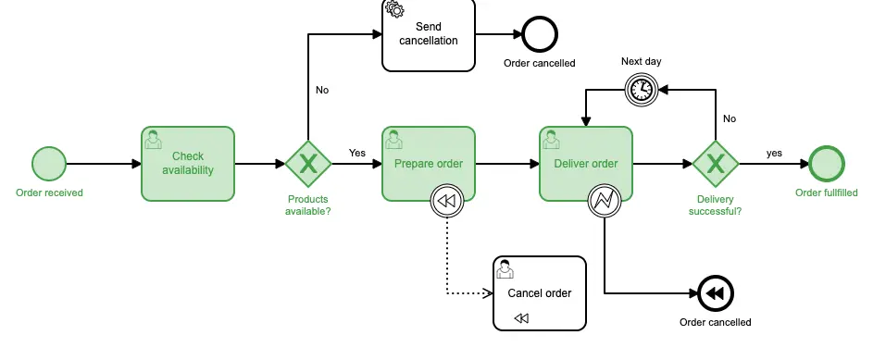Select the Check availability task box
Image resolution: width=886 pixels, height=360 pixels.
pyautogui.click(x=188, y=164)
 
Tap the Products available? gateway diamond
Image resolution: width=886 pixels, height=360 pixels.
pyautogui.click(x=308, y=164)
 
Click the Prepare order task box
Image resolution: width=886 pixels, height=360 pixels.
pyautogui.click(x=429, y=164)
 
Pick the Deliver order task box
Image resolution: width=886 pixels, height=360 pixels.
pyautogui.click(x=586, y=164)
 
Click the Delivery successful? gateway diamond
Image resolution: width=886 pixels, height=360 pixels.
pyautogui.click(x=716, y=164)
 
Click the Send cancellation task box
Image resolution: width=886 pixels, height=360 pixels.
pyautogui.click(x=429, y=34)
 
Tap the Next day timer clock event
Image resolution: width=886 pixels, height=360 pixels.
pyautogui.click(x=642, y=90)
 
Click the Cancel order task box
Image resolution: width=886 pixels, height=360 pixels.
pyautogui.click(x=540, y=293)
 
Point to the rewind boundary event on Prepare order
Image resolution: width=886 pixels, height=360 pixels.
pyautogui.click(x=447, y=200)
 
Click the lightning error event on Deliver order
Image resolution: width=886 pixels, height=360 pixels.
pyautogui.click(x=605, y=200)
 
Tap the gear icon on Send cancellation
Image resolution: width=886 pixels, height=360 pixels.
pyautogui.click(x=394, y=9)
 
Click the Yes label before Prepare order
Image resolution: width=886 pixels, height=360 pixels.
pyautogui.click(x=357, y=153)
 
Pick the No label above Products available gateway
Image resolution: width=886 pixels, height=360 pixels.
pyautogui.click(x=322, y=90)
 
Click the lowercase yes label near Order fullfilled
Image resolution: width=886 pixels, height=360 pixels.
pyautogui.click(x=774, y=153)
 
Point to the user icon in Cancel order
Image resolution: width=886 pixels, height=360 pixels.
pyautogui.click(x=505, y=269)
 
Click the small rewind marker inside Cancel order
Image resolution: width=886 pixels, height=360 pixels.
pyautogui.click(x=521, y=318)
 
